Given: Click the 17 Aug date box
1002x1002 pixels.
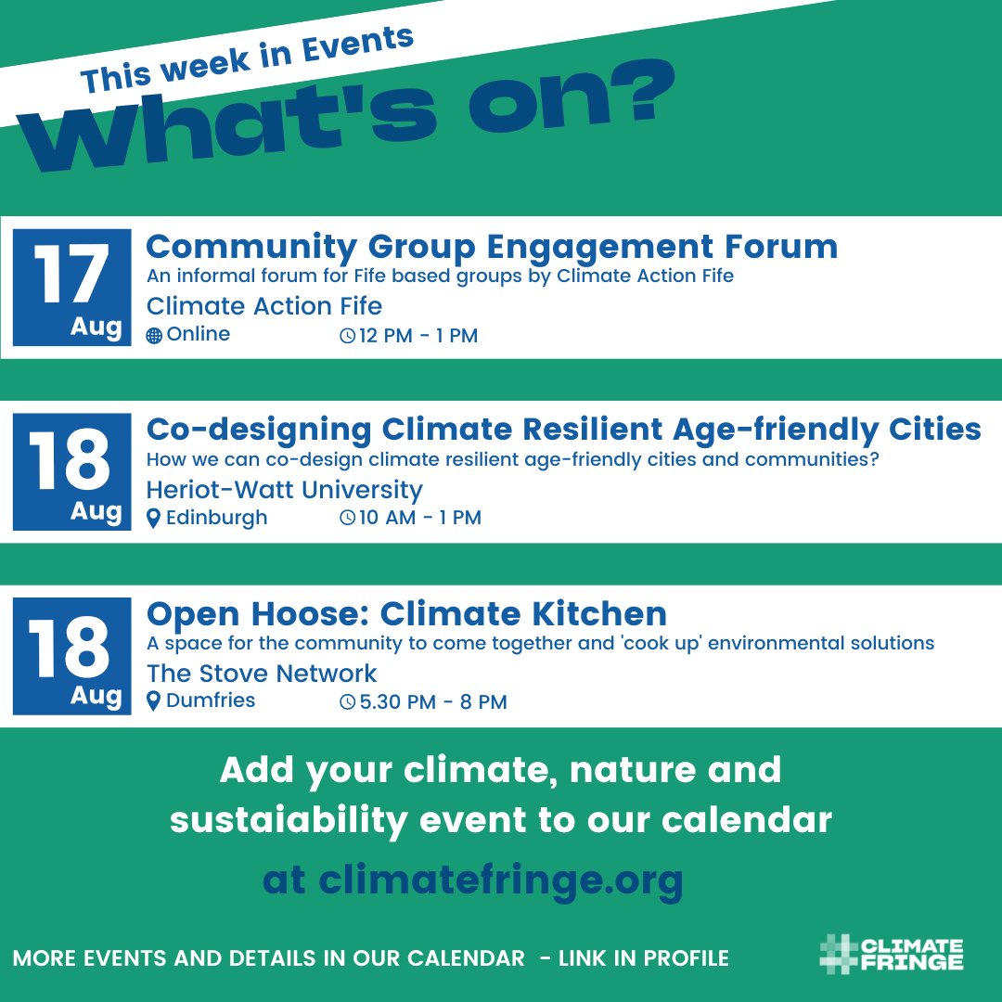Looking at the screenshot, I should point(71,287).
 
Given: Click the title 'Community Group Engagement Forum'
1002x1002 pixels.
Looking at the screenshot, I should point(492,247).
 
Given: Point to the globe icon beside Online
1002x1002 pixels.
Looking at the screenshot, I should point(154,336).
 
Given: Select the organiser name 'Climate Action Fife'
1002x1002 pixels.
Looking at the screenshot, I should point(264,305).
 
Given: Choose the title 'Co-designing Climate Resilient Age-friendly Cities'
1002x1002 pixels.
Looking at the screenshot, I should point(563,430).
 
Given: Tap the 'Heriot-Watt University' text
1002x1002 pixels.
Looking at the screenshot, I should point(284,489).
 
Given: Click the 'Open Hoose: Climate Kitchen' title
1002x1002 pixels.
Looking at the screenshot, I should point(406,613).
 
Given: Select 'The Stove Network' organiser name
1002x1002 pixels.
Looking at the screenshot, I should point(262,673).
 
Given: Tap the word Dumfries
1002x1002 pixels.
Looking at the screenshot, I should point(211,701).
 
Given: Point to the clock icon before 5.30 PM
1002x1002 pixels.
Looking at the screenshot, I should point(348,702).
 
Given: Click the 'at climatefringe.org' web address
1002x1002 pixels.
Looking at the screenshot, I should point(473,880).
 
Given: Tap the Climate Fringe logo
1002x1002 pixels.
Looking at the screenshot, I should point(892,956).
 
